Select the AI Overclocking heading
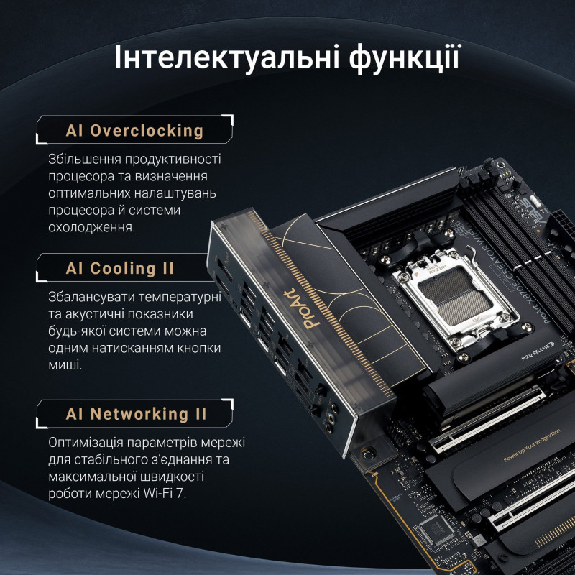[134, 131]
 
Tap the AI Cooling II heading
[120, 269]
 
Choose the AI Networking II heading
[136, 414]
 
